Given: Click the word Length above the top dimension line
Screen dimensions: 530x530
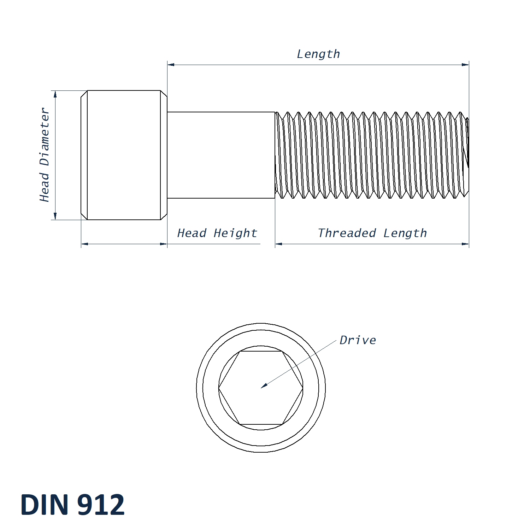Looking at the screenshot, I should pyautogui.click(x=318, y=54).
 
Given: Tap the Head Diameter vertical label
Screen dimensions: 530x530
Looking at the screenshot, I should pyautogui.click(x=45, y=155).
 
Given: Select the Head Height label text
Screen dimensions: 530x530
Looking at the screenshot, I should pyautogui.click(x=217, y=233).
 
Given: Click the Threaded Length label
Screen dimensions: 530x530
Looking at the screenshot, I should pyautogui.click(x=372, y=233).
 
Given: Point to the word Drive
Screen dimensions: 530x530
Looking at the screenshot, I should pyautogui.click(x=358, y=340).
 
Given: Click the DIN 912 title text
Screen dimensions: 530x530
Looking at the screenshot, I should pyautogui.click(x=72, y=505).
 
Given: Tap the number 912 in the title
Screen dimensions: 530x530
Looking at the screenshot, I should pyautogui.click(x=101, y=505).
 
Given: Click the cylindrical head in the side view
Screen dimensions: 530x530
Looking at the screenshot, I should pyautogui.click(x=124, y=155).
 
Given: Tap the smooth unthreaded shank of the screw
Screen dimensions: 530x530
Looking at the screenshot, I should pyautogui.click(x=221, y=155).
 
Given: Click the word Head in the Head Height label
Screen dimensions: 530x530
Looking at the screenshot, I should pyautogui.click(x=192, y=233).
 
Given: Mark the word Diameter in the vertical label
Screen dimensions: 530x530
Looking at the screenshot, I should pyautogui.click(x=45, y=137).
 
